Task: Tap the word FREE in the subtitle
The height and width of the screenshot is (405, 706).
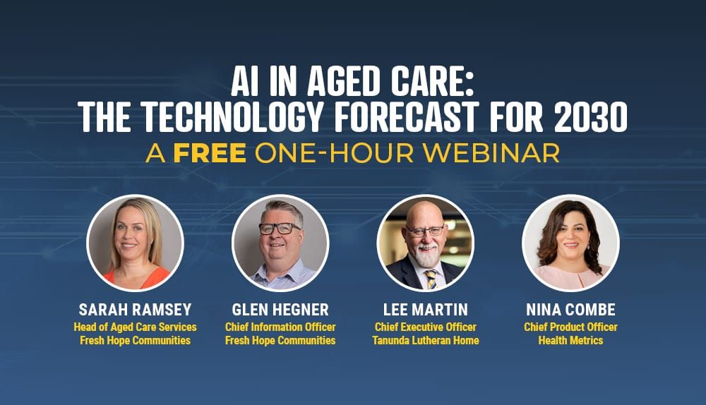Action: (x=210, y=152)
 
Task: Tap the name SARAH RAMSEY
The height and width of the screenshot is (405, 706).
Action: (x=135, y=310)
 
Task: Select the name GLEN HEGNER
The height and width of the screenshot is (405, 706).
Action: (x=280, y=310)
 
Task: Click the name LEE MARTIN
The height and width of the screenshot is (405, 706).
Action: (x=425, y=310)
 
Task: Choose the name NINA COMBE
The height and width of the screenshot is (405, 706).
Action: (x=570, y=310)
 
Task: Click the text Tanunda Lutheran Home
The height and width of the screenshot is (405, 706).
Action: (x=425, y=341)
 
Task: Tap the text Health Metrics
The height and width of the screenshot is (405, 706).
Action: (x=570, y=341)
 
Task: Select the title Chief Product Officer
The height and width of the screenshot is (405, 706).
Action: (x=570, y=327)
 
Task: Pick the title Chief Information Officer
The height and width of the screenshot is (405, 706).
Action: (x=280, y=327)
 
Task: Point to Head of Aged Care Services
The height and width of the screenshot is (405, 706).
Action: (x=135, y=327)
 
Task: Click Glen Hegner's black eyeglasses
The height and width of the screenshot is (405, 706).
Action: (x=279, y=229)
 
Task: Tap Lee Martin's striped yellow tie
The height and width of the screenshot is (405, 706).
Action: (x=430, y=279)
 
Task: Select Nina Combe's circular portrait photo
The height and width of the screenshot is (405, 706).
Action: (x=570, y=243)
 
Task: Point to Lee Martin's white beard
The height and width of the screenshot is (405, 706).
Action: (x=426, y=258)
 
